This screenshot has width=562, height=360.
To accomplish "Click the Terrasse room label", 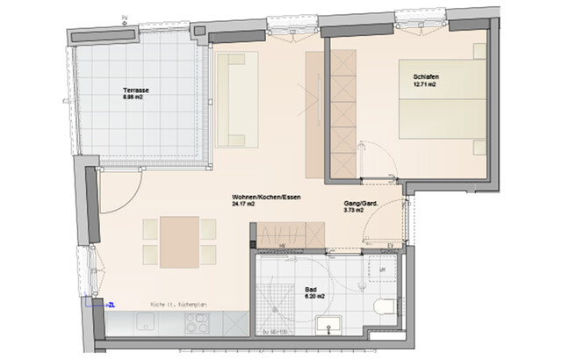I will pyautogui.click(x=134, y=90).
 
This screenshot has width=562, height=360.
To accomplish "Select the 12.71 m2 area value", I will pyautogui.click(x=426, y=86).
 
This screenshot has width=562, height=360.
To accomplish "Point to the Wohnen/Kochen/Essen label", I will pyautogui.click(x=266, y=196).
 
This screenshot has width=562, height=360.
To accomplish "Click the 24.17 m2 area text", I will pyautogui.click(x=243, y=204).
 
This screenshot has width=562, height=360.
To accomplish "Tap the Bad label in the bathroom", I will pyautogui.click(x=310, y=289).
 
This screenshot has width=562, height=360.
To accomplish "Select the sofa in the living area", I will pyautogui.click(x=236, y=98).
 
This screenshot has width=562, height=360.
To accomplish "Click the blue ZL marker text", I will pyautogui.click(x=111, y=304).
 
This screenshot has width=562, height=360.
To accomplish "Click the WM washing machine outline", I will pyautogui.click(x=383, y=266).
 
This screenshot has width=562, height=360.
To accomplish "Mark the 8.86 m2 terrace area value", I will pyautogui.click(x=134, y=97).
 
